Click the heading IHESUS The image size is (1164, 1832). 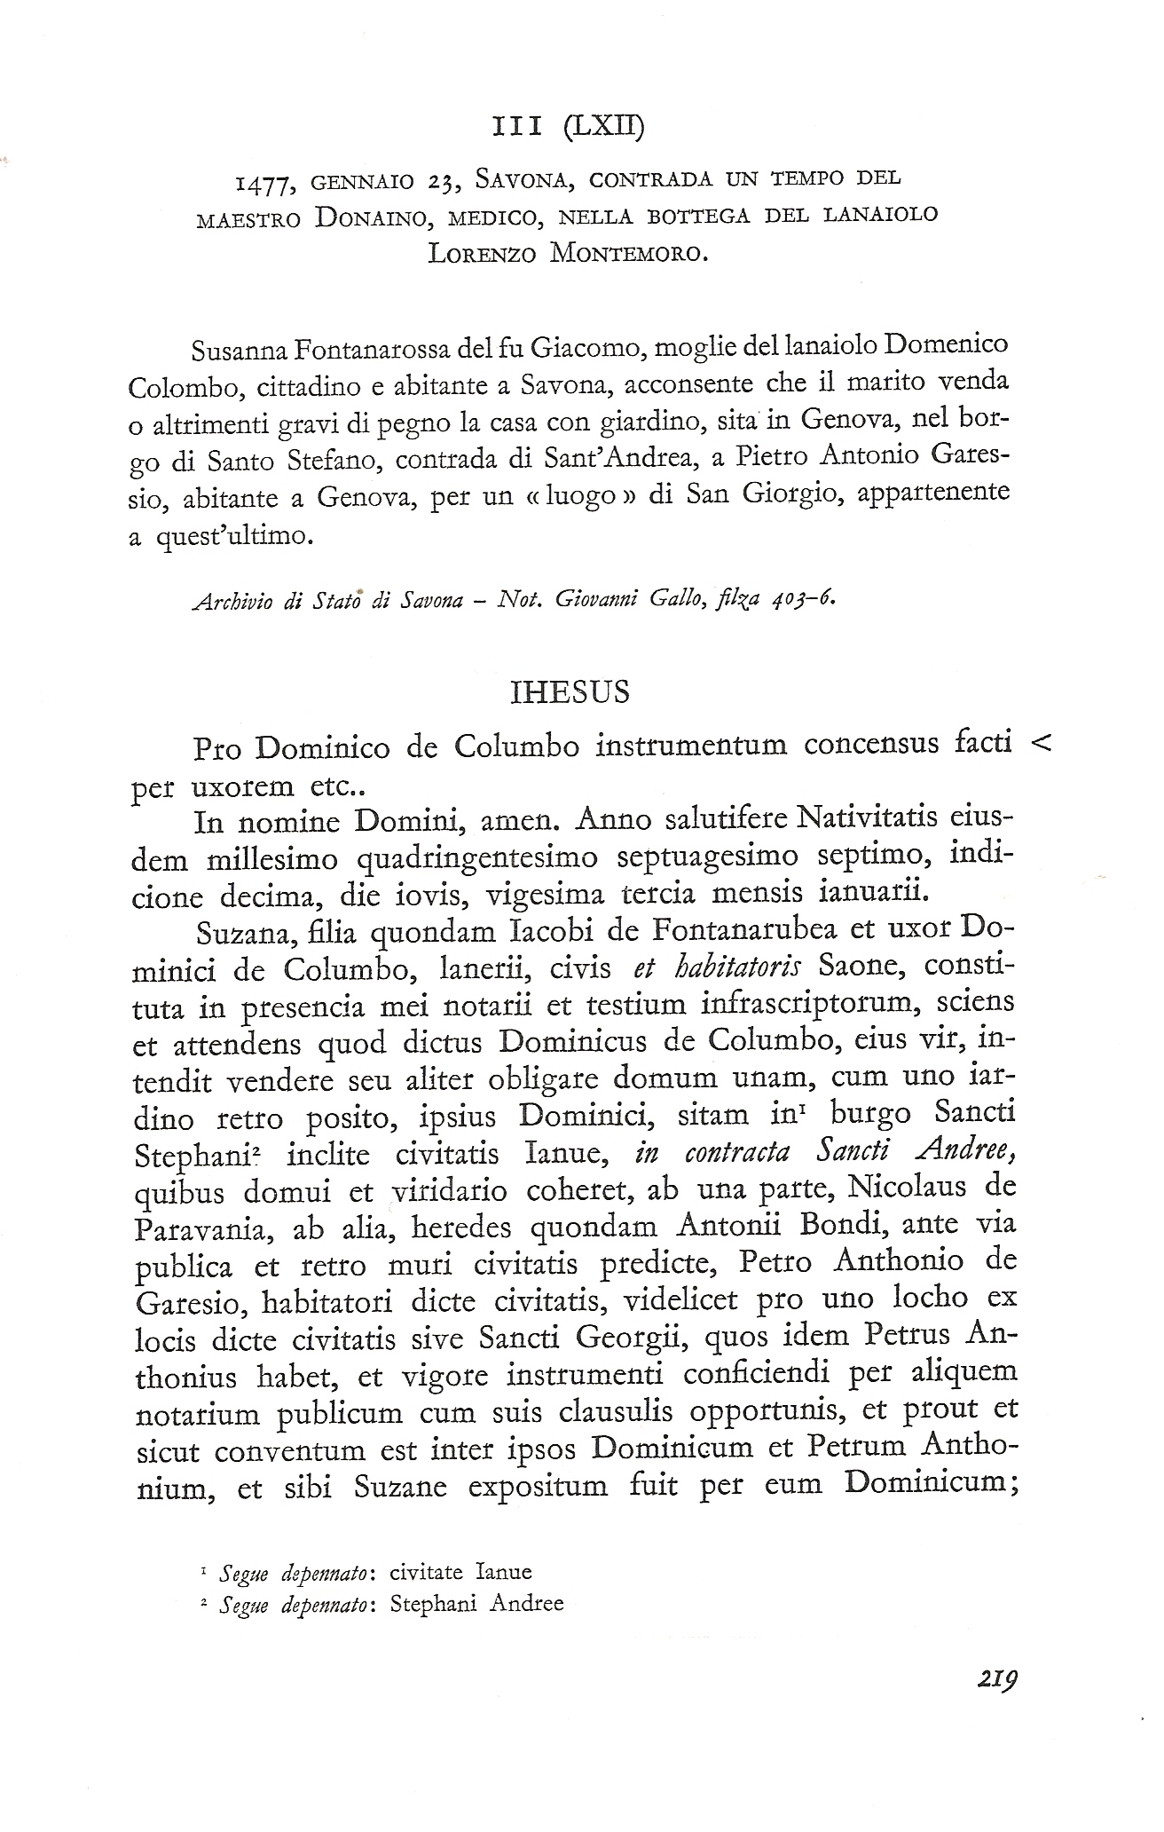click(x=571, y=692)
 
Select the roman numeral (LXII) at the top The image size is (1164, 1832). click(x=604, y=128)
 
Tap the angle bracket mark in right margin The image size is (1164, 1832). click(x=1042, y=744)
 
